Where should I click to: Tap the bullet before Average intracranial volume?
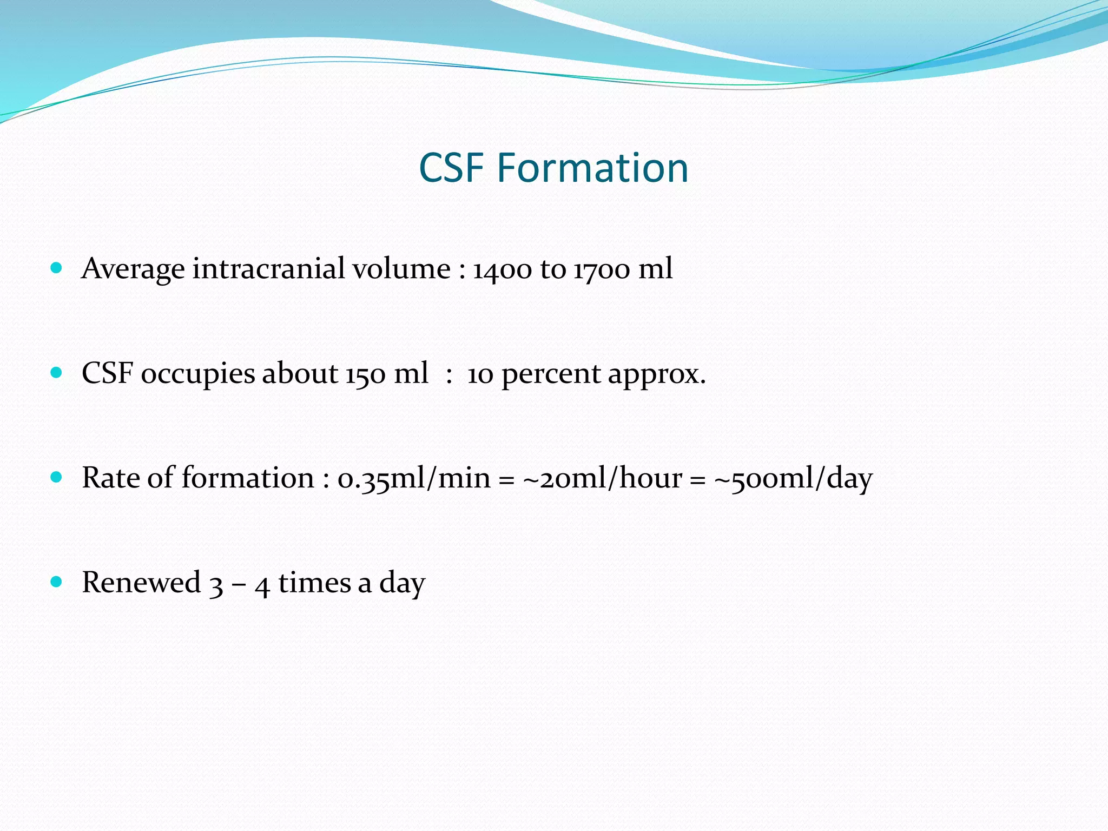point(56,268)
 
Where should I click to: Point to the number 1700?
point(602,269)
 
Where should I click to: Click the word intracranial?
point(268,268)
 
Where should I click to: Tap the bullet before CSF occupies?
point(56,373)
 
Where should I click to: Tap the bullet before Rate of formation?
point(56,477)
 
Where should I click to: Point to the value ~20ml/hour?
point(602,478)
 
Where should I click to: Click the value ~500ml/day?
point(793,478)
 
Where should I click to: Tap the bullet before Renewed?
point(56,582)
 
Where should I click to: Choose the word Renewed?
point(141,583)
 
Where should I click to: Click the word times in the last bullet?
point(314,583)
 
